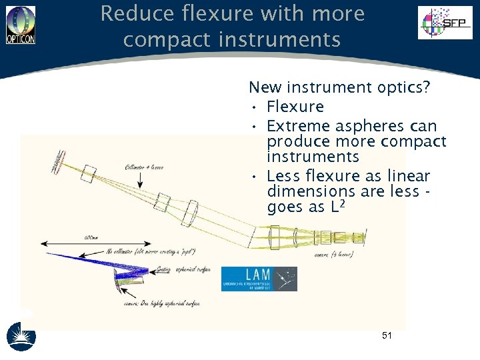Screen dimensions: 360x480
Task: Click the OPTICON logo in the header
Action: [20, 25]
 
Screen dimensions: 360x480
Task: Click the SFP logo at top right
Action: [445, 23]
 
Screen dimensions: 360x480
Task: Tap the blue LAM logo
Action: [259, 279]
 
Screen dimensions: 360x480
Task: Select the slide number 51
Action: [387, 335]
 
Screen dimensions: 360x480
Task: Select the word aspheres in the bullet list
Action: [359, 126]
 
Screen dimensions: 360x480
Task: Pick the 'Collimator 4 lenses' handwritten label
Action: [145, 166]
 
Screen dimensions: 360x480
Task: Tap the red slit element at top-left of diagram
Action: [61, 160]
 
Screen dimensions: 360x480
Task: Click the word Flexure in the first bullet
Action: [295, 107]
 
